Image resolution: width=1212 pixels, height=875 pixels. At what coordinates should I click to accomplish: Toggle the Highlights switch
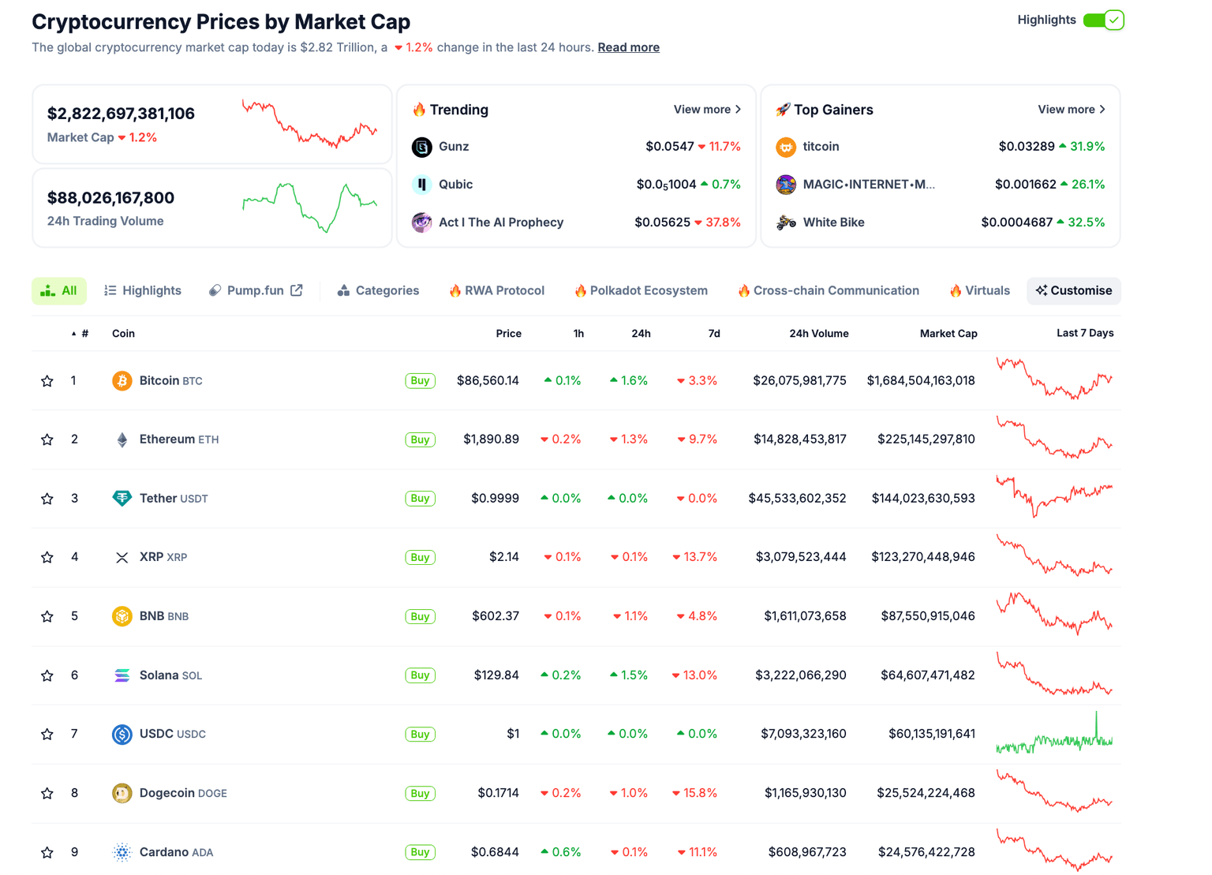pyautogui.click(x=1103, y=21)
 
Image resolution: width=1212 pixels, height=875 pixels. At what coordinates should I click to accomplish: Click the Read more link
pyautogui.click(x=628, y=47)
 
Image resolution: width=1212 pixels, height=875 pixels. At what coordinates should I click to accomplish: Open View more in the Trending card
pyautogui.click(x=707, y=110)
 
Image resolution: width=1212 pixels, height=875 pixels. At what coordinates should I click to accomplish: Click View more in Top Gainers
pyautogui.click(x=1071, y=110)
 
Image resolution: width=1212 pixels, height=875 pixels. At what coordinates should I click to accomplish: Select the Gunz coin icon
pyautogui.click(x=422, y=147)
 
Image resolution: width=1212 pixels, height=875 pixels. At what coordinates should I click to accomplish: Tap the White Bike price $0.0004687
pyautogui.click(x=1016, y=222)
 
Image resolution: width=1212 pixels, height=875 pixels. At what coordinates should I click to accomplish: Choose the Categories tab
pyautogui.click(x=378, y=290)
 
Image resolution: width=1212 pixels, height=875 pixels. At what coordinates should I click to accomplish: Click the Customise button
pyautogui.click(x=1073, y=290)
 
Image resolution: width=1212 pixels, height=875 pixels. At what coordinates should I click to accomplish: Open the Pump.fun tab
pyautogui.click(x=255, y=290)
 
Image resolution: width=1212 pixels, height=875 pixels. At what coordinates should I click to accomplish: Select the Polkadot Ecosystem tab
pyautogui.click(x=641, y=290)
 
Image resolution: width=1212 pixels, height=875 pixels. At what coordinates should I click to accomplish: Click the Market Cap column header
pyautogui.click(x=948, y=334)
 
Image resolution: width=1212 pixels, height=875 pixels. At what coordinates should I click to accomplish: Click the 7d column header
pyautogui.click(x=713, y=334)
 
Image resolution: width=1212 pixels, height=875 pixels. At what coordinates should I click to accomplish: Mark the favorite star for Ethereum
pyautogui.click(x=47, y=439)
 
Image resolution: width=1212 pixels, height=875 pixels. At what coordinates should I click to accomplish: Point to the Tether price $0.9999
pyautogui.click(x=495, y=499)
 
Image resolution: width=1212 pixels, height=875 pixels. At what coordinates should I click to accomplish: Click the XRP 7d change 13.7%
pyautogui.click(x=695, y=557)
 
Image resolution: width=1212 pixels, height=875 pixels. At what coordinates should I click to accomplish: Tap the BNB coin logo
pyautogui.click(x=122, y=616)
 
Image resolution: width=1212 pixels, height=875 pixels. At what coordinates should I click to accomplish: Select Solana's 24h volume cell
pyautogui.click(x=800, y=675)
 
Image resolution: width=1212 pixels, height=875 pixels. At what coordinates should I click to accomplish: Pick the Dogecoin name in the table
pyautogui.click(x=166, y=793)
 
